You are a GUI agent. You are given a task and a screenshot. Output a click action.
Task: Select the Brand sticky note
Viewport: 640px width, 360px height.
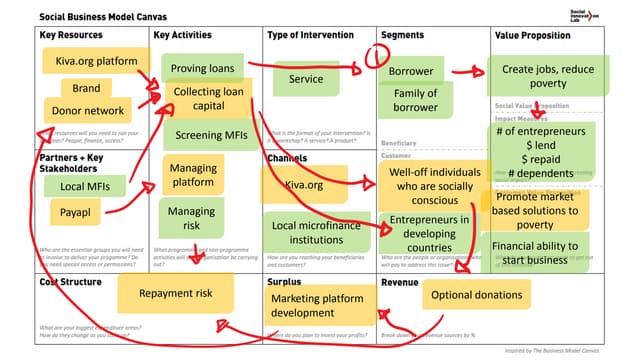tap(86, 88)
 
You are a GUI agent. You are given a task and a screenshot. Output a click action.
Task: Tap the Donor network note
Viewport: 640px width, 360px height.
tap(87, 112)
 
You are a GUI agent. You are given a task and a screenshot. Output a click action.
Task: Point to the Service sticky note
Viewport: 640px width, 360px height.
tap(306, 79)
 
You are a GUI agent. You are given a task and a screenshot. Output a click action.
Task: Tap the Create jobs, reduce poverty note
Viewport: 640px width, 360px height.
tap(548, 76)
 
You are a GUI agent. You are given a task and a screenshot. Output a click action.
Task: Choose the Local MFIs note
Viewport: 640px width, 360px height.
tap(85, 186)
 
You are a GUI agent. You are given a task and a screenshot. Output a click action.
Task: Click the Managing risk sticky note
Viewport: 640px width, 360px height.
tap(191, 219)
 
